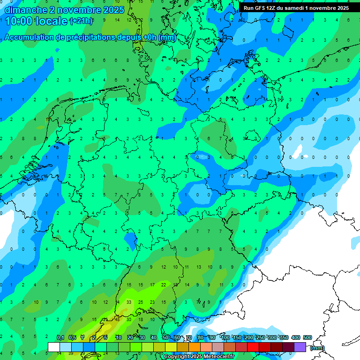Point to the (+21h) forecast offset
pyautogui.click(x=81, y=21)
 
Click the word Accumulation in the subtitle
pyautogui.click(x=31, y=38)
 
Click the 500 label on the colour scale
pyautogui.click(x=307, y=337)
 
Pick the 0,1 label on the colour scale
pyautogui.click(x=60, y=337)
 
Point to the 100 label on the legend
pyautogui.click(x=225, y=337)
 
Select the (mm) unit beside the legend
pyautogui.click(x=317, y=348)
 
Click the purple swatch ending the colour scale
pyautogui.click(x=300, y=347)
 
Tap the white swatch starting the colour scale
pyautogui.click(x=54, y=347)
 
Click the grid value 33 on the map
pyautogui.click(x=129, y=302)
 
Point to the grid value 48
pyautogui.click(x=117, y=319)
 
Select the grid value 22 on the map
pyautogui.click(x=164, y=285)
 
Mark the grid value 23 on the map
pyautogui.click(x=152, y=302)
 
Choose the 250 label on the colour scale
pyautogui.click(x=260, y=337)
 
